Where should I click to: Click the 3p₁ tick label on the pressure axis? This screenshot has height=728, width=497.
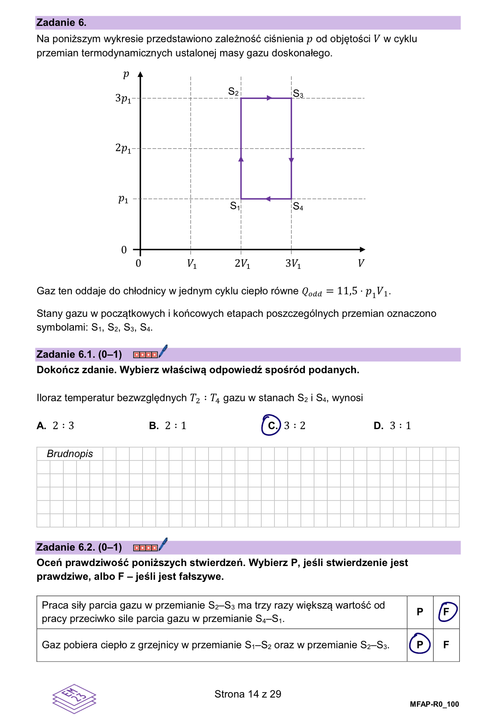[123, 99]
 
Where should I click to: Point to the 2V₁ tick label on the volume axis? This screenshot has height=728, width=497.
[242, 263]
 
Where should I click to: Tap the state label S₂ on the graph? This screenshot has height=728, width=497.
[233, 91]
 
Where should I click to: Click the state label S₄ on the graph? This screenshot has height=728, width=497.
[298, 206]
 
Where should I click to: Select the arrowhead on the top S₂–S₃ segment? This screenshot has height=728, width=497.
[269, 98]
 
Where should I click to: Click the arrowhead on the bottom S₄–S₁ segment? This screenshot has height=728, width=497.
[268, 199]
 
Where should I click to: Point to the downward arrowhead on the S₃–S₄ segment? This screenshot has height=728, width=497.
[291, 160]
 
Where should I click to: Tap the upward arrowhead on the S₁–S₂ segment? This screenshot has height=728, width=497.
[241, 159]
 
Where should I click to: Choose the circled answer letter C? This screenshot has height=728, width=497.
[271, 425]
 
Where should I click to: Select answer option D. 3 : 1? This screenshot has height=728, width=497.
[393, 425]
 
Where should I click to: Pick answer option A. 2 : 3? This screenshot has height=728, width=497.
[56, 425]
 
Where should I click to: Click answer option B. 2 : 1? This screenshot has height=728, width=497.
[168, 425]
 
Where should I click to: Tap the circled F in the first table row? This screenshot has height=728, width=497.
[446, 612]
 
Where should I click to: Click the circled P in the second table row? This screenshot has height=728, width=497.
[420, 645]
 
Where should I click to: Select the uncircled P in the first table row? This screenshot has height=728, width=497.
[420, 612]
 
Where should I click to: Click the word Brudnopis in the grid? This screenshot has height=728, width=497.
[70, 454]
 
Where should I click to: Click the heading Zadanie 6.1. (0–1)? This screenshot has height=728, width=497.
[79, 354]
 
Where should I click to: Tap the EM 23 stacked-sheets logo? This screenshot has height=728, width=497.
[74, 698]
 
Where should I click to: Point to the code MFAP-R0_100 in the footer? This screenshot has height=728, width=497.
[434, 704]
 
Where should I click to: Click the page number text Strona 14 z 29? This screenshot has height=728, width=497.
[248, 694]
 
